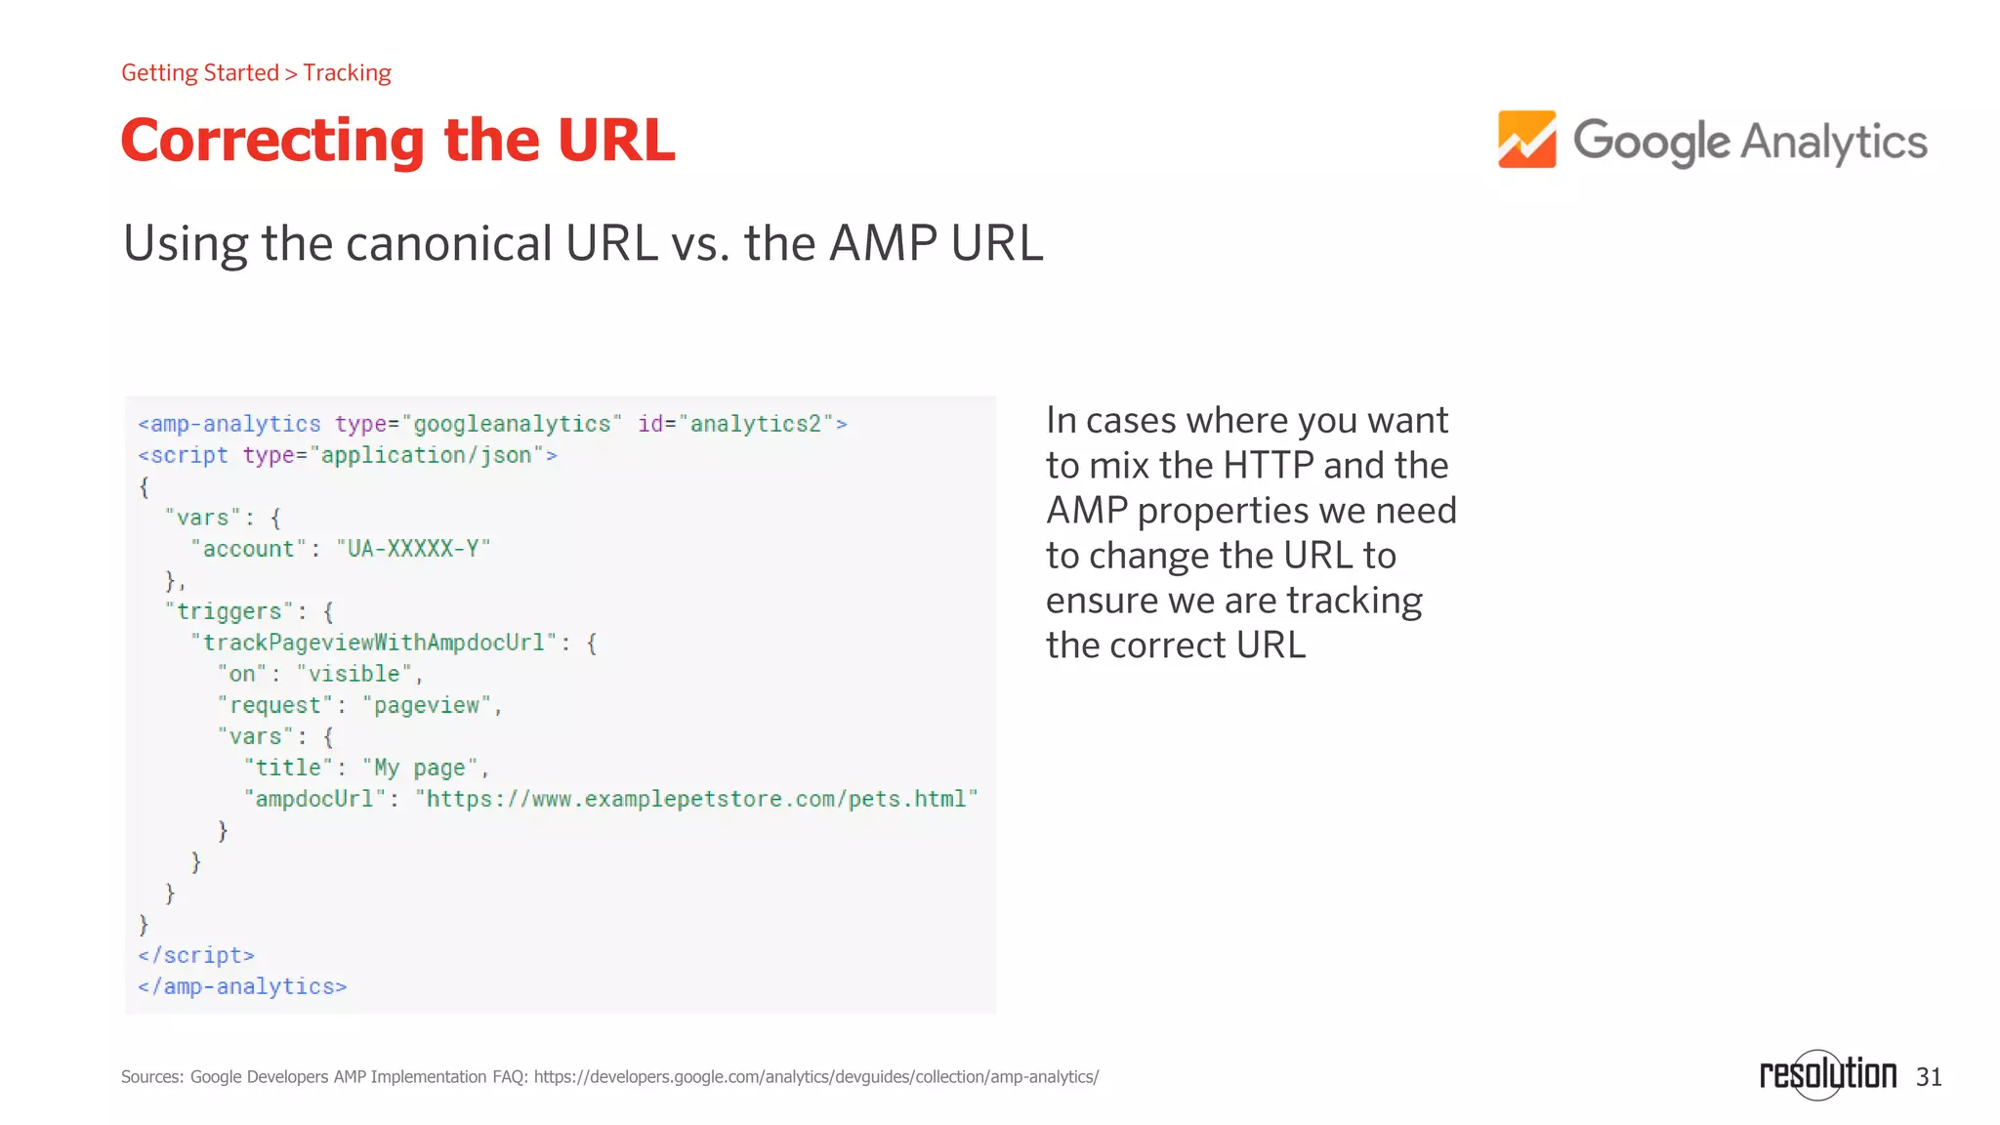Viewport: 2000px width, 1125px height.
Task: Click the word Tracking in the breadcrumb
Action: [x=347, y=73]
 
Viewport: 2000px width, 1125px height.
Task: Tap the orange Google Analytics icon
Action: [x=1526, y=140]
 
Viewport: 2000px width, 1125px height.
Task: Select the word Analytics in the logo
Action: [x=1833, y=143]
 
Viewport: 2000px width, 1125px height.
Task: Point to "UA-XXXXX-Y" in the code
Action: [x=413, y=549]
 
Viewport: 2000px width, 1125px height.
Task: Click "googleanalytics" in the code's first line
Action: [x=512, y=424]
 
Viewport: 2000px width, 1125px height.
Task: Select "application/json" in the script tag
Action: [x=426, y=455]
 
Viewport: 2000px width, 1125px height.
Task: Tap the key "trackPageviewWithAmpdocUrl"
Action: [x=373, y=643]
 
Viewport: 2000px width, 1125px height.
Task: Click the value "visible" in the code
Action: [x=354, y=674]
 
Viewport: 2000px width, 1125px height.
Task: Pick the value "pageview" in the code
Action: [x=427, y=705]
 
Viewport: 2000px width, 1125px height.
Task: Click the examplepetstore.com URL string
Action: [x=696, y=799]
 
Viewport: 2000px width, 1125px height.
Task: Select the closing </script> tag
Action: [x=196, y=955]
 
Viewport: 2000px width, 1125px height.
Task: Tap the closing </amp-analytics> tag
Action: [x=242, y=986]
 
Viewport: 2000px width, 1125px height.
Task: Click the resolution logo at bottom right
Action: [x=1826, y=1074]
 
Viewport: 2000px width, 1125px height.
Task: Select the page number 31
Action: [x=1929, y=1077]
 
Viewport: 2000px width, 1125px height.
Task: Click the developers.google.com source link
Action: [x=815, y=1077]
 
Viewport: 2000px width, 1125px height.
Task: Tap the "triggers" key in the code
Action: [x=229, y=611]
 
